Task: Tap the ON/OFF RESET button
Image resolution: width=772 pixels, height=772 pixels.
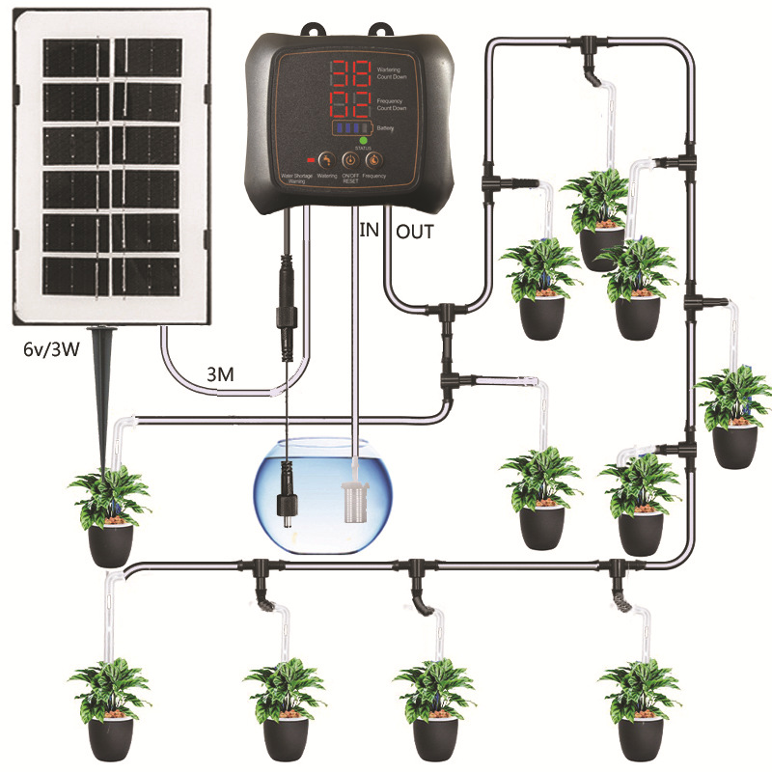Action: [x=349, y=159]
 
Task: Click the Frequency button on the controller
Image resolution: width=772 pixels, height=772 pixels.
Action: [x=372, y=159]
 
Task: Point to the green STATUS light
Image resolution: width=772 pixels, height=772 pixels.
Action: [x=364, y=140]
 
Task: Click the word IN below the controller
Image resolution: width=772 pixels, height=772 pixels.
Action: [x=369, y=231]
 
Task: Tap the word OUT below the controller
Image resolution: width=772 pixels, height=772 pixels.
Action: [x=415, y=231]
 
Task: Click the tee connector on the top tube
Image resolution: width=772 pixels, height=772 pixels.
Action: [x=588, y=43]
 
